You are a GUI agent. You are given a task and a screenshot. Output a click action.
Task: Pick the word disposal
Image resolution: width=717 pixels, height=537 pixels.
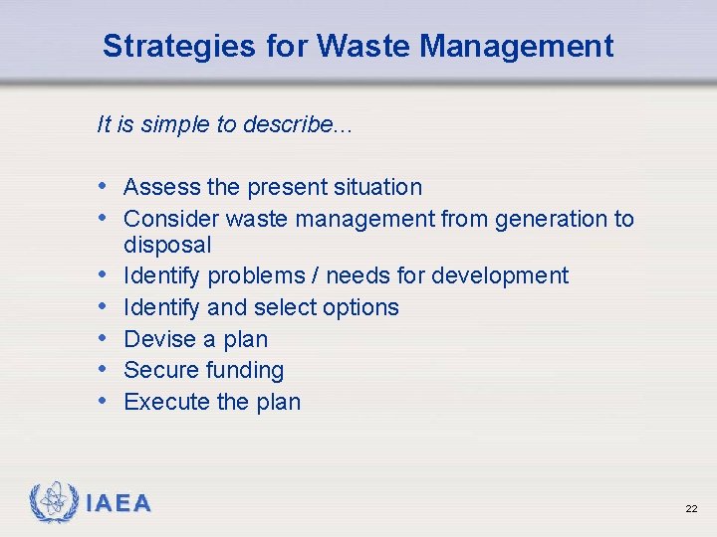[x=167, y=245]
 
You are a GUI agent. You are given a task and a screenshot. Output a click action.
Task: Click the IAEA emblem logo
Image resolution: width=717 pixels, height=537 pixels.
[x=54, y=502]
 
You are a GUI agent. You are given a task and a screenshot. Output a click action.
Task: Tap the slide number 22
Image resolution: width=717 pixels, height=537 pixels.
[x=690, y=508]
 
